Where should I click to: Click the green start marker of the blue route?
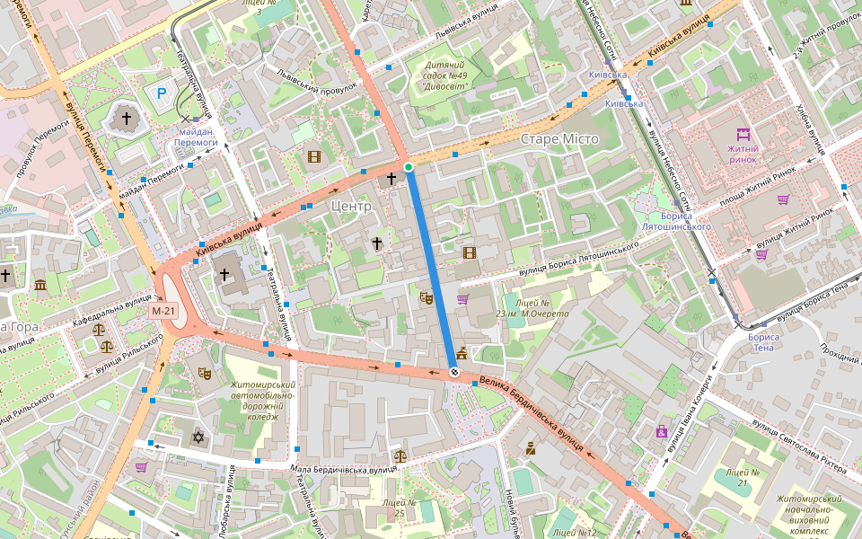pyautogui.click(x=408, y=167)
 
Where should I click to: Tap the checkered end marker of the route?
pyautogui.click(x=454, y=372)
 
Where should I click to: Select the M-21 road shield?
pyautogui.click(x=163, y=310)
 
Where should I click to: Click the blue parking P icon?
pyautogui.click(x=162, y=93)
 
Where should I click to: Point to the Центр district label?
pyautogui.click(x=351, y=206)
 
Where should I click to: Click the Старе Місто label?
pyautogui.click(x=559, y=139)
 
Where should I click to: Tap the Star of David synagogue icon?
pyautogui.click(x=198, y=437)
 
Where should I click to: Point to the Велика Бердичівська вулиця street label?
pyautogui.click(x=538, y=410)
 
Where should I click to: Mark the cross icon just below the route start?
pyautogui.click(x=391, y=180)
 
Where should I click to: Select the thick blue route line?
pyautogui.click(x=431, y=269)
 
